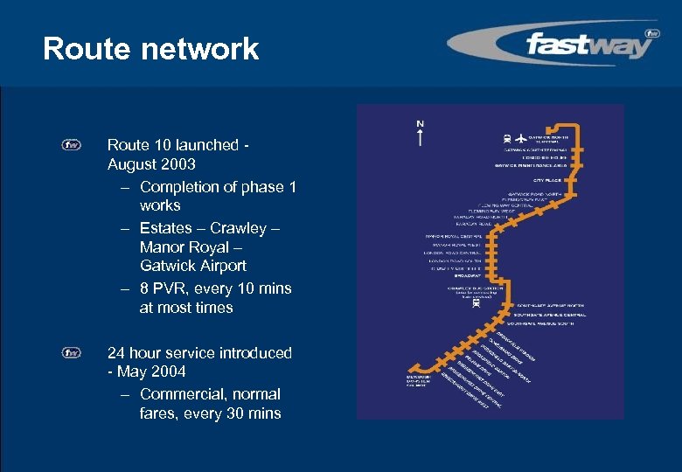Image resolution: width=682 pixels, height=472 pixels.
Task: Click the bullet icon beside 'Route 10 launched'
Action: tap(72, 145)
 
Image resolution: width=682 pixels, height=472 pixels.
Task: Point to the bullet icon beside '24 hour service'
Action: tap(72, 353)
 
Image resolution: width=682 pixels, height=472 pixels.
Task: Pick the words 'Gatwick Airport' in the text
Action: tap(192, 266)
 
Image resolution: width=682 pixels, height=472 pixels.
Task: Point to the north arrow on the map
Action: tap(420, 134)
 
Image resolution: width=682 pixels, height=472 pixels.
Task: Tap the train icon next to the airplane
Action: tap(508, 138)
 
